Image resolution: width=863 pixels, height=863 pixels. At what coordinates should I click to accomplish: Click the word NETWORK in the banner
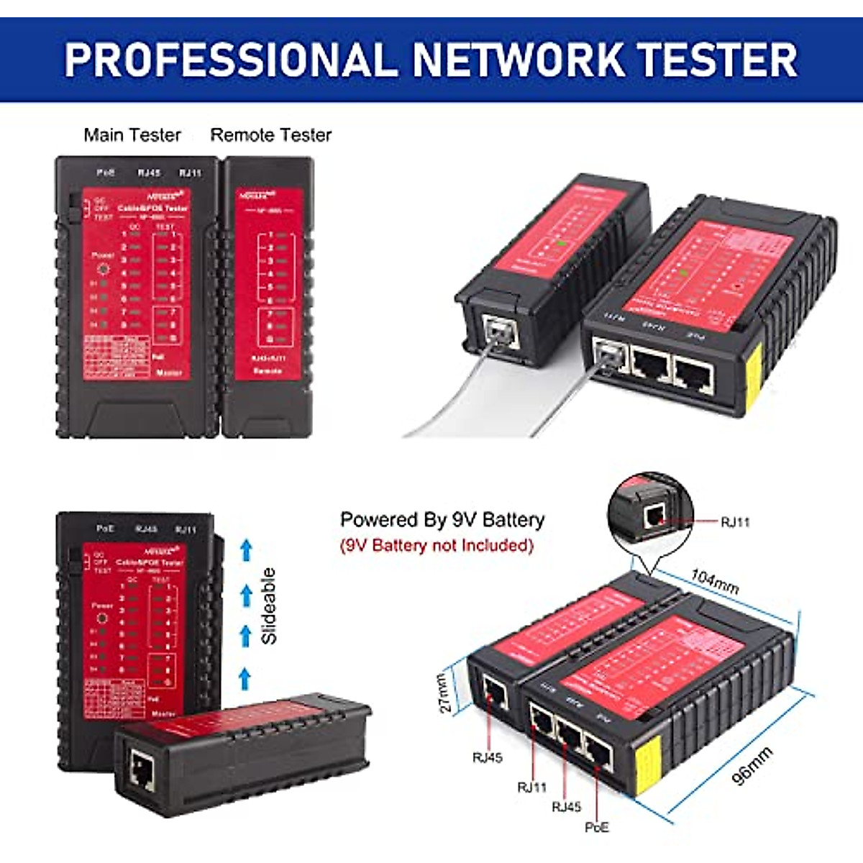pyautogui.click(x=518, y=59)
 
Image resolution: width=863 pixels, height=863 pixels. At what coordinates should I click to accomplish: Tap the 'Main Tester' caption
pyautogui.click(x=132, y=135)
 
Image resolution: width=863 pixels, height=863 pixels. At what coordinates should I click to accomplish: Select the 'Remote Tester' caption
pyautogui.click(x=270, y=135)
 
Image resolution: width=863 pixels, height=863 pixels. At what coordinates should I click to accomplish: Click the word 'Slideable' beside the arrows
pyautogui.click(x=269, y=606)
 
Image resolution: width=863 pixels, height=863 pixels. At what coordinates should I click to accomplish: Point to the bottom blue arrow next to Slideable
pyautogui.click(x=245, y=678)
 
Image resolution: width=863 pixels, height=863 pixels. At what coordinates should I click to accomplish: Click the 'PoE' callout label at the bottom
pyautogui.click(x=596, y=827)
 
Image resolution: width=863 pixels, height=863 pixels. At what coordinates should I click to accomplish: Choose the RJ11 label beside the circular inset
pyautogui.click(x=734, y=522)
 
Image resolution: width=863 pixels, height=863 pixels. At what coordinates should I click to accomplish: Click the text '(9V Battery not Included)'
pyautogui.click(x=437, y=545)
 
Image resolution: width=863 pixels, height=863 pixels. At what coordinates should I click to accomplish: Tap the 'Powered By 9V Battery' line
pyautogui.click(x=442, y=519)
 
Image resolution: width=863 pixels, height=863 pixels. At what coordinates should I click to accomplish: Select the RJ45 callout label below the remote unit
pyautogui.click(x=487, y=757)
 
